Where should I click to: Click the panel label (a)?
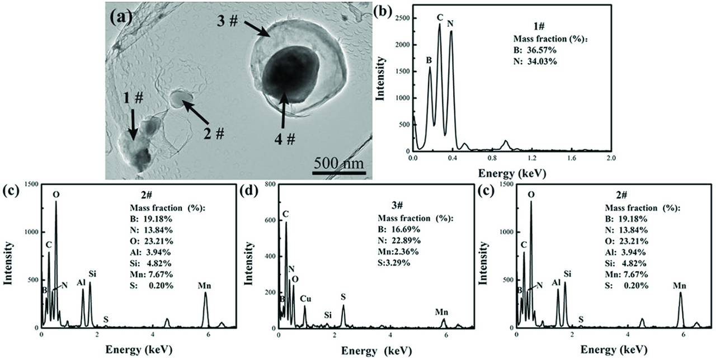coord(121,17)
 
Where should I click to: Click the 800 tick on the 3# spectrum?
coord(267,184)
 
